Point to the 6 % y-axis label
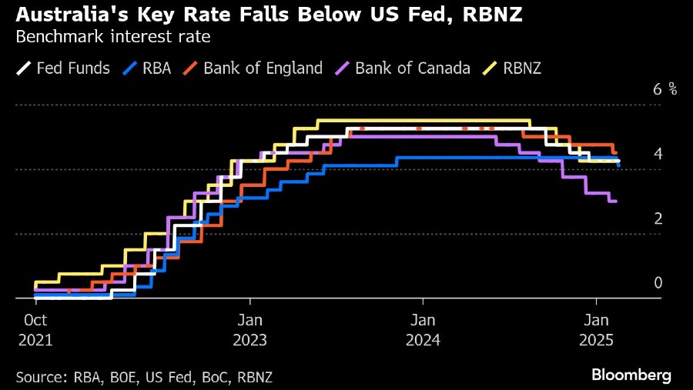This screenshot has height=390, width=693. tap(665, 89)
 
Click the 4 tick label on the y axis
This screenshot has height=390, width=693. tap(658, 154)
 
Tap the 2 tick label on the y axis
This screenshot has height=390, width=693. tap(658, 218)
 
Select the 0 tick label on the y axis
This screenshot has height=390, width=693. tap(658, 283)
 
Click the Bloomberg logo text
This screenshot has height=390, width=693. tap(631, 375)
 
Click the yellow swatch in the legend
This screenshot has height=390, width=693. tap(487, 68)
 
